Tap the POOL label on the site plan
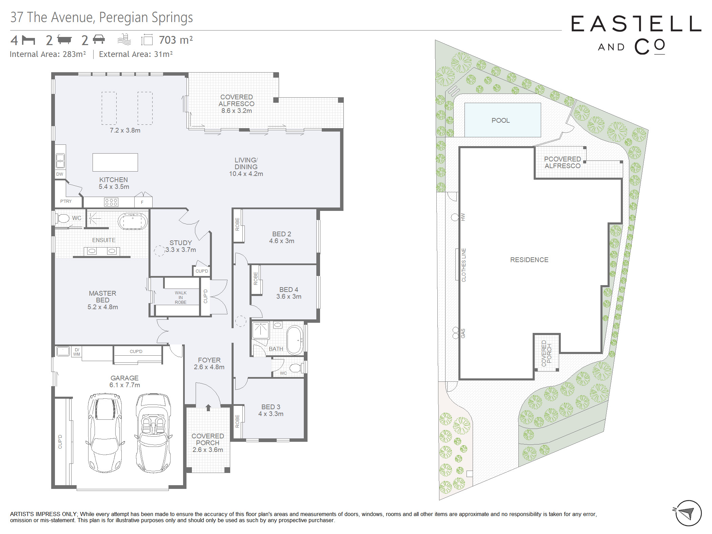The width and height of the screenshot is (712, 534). pos(500,120)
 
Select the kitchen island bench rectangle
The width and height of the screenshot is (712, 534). pos(115,162)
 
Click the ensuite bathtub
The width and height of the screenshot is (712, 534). pos(133,222)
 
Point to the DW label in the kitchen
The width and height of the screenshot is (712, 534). pos(60,174)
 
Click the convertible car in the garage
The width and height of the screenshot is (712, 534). pos(153,433)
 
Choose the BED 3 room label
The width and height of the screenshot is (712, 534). pos(271,407)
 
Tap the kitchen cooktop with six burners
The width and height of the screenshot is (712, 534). pos(111,202)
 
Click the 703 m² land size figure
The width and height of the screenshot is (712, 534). pos(176,40)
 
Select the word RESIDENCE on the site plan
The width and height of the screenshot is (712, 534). pos(529,260)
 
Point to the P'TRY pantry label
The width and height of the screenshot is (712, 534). pos(66,201)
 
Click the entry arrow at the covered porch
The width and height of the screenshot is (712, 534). pos(208,408)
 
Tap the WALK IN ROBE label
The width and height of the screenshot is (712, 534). pos(181,297)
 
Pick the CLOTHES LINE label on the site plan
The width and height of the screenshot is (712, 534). pos(463,265)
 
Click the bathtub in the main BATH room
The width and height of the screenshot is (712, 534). pos(295,340)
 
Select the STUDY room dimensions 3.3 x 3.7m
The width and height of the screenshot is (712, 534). pos(181,250)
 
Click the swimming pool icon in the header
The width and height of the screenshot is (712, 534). pos(124,40)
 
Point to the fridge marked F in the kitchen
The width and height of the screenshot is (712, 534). pos(142,202)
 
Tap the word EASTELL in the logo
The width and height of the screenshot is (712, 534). pos(636,24)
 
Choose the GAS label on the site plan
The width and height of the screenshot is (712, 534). pos(463,333)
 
